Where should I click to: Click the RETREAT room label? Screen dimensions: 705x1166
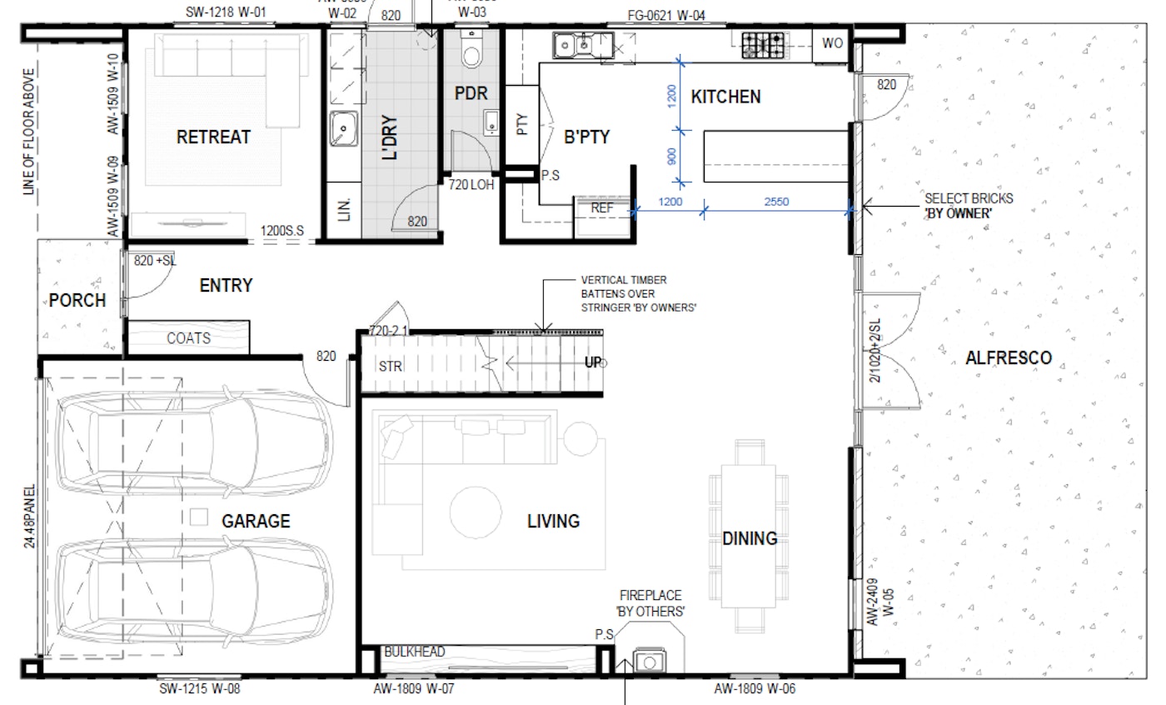click(213, 137)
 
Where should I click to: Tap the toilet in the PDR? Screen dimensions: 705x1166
click(471, 52)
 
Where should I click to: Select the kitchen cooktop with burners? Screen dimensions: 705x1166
click(763, 44)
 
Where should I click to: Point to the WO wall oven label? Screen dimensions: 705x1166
click(832, 44)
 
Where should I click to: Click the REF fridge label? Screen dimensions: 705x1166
click(601, 207)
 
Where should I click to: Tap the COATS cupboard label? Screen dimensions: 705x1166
click(188, 338)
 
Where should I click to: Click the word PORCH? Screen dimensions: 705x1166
click(77, 300)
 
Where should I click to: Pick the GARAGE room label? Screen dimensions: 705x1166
click(256, 522)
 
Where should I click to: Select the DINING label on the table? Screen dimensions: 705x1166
click(750, 538)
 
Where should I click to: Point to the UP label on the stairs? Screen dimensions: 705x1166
click(592, 362)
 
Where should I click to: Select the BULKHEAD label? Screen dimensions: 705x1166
click(414, 652)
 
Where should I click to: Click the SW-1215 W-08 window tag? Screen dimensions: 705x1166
click(200, 689)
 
